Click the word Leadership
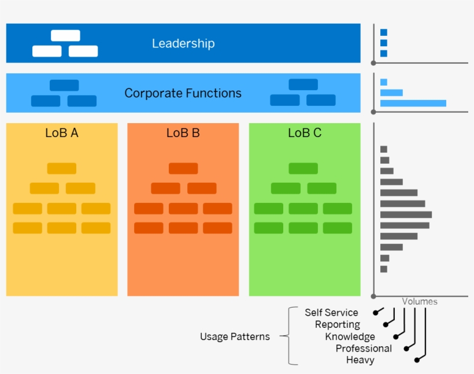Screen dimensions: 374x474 click(x=183, y=43)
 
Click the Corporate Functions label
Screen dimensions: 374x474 click(x=183, y=93)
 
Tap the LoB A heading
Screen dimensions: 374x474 click(x=62, y=133)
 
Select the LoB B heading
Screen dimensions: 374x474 click(x=183, y=133)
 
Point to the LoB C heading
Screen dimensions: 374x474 click(x=305, y=133)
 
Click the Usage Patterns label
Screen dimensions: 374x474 click(x=235, y=336)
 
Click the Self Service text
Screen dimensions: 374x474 click(x=331, y=312)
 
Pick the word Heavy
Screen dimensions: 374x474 click(x=360, y=360)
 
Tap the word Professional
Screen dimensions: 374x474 click(x=364, y=348)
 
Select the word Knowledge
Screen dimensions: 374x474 click(x=350, y=336)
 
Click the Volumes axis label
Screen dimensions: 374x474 click(x=420, y=301)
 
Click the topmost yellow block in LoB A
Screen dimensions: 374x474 click(x=62, y=169)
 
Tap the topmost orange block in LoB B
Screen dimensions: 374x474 click(x=183, y=169)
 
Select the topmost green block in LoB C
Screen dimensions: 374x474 click(x=303, y=169)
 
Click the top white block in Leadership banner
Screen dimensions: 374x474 click(x=65, y=36)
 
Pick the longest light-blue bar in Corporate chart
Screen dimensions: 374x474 click(x=413, y=103)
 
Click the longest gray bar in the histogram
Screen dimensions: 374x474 click(x=406, y=214)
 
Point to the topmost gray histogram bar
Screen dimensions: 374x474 click(x=384, y=149)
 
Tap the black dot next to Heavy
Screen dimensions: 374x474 click(x=417, y=360)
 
